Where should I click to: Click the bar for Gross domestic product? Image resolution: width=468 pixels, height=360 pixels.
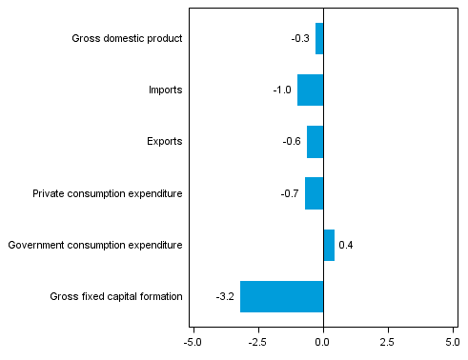point(319,39)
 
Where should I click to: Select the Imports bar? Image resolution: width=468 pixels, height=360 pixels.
point(311,90)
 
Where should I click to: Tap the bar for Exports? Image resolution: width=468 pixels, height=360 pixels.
point(315,142)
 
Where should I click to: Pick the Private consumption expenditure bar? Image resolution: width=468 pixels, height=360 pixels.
point(315,193)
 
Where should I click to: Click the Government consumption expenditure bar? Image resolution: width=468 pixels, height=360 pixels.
point(329,245)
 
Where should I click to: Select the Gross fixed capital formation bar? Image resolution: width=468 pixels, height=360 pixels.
point(282,296)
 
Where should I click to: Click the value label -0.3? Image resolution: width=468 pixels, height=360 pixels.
point(300,39)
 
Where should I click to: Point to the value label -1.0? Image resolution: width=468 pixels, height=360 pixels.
point(282,90)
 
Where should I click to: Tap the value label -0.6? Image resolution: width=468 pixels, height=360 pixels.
point(292,142)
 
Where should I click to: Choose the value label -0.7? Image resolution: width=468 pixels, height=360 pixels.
point(290,193)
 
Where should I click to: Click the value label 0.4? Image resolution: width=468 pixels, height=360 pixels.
point(346,245)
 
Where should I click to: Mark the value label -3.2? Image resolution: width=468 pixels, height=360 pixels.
point(225,296)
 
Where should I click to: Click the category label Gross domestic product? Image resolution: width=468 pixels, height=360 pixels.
point(127,39)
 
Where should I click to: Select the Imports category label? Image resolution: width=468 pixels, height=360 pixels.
point(165,90)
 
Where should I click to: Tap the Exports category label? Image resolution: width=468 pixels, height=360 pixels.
point(164,142)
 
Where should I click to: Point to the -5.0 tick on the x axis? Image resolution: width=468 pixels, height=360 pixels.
point(193,340)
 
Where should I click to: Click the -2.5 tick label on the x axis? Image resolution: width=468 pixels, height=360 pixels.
point(257,340)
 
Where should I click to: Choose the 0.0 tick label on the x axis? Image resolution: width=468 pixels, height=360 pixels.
point(324,340)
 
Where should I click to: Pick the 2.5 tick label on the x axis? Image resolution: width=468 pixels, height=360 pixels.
point(389,340)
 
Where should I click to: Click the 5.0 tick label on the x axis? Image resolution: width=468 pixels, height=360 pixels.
point(454,340)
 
